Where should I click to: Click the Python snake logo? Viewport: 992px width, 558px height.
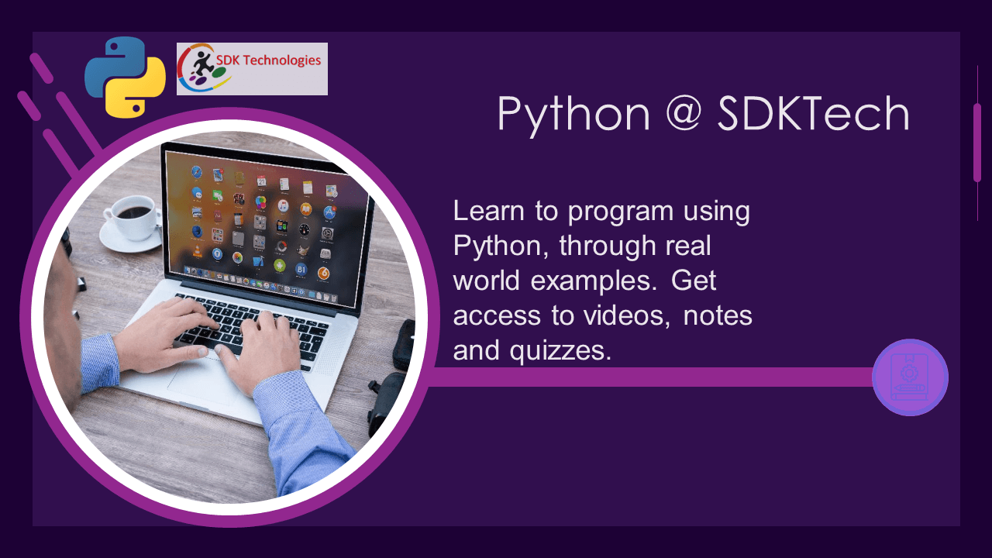(126, 77)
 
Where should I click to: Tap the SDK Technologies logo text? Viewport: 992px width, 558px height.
(268, 60)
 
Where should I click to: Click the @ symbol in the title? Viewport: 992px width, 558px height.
(684, 112)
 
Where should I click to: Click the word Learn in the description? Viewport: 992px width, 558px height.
(488, 211)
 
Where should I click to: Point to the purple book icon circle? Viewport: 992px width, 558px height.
(910, 377)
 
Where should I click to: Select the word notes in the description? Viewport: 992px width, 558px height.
(718, 316)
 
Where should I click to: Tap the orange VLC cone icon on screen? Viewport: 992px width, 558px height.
(197, 251)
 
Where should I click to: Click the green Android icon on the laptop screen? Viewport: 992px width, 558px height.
(279, 265)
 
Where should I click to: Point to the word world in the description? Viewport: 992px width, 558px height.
(486, 281)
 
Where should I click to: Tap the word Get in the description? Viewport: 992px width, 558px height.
(694, 281)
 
